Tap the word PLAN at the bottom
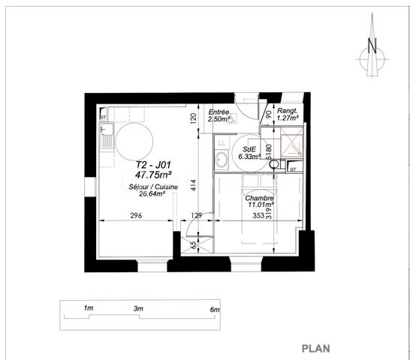pyautogui.click(x=317, y=348)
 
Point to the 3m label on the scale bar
pyautogui.click(x=137, y=309)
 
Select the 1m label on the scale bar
pyautogui.click(x=88, y=309)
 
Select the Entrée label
pyautogui.click(x=219, y=112)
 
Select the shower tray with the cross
pyautogui.click(x=291, y=140)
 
